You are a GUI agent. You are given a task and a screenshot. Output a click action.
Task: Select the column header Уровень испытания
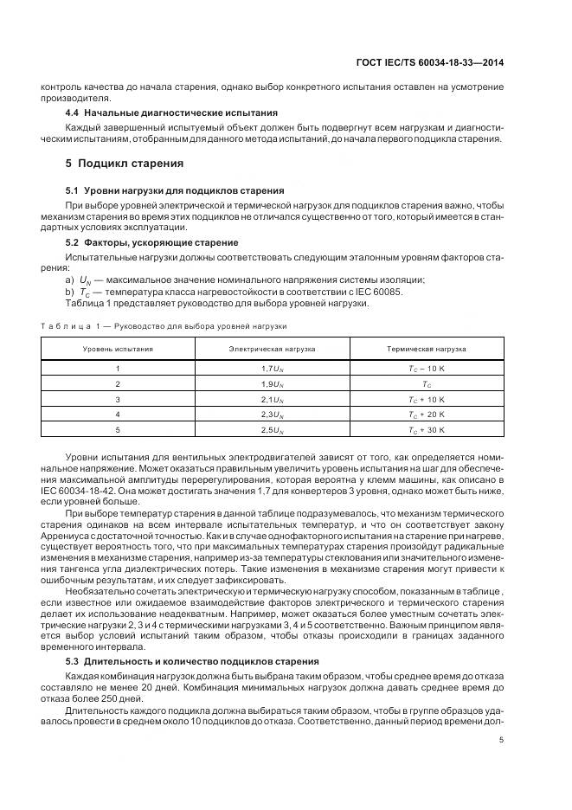click(x=119, y=349)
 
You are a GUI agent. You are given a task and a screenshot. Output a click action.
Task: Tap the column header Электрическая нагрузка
click(x=272, y=349)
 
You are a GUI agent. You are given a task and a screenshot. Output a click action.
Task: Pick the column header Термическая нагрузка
click(x=426, y=349)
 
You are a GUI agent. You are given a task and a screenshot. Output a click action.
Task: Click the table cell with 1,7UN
click(x=272, y=368)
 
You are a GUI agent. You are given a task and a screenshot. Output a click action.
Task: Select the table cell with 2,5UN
click(x=272, y=429)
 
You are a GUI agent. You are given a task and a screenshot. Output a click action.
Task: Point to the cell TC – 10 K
click(x=426, y=368)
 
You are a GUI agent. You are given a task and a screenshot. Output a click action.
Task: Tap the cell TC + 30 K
click(x=426, y=429)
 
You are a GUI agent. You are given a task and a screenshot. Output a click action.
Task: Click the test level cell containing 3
click(x=119, y=399)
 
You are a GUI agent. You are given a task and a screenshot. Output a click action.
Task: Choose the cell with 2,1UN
click(x=272, y=399)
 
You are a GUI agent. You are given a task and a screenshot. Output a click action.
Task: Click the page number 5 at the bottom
click(x=502, y=739)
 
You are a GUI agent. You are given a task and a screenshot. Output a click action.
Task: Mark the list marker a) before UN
click(x=69, y=280)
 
